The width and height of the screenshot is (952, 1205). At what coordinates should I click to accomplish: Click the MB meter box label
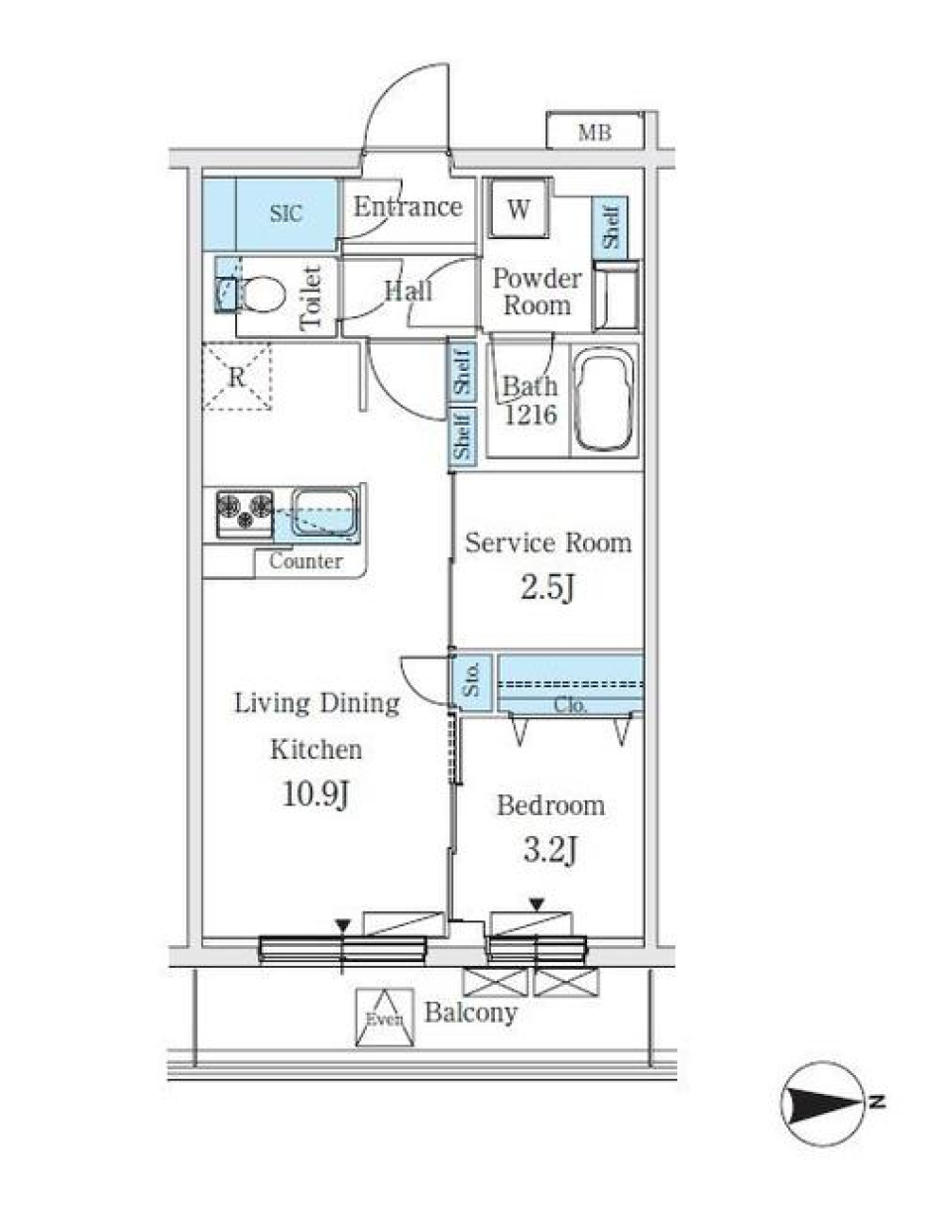(595, 131)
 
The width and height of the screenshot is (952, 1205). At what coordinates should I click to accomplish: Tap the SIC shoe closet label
(286, 213)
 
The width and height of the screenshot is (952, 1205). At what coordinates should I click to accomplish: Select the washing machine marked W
(517, 208)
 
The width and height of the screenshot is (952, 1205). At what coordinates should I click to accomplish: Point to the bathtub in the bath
(605, 399)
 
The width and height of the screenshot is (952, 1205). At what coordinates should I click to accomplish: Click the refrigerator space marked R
(236, 376)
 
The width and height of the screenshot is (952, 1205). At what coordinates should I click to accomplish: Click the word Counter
(305, 561)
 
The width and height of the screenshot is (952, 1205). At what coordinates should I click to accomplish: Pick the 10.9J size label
(316, 793)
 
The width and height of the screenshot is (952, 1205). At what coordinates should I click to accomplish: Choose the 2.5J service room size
(547, 588)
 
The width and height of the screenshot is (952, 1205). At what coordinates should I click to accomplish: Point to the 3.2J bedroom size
(549, 849)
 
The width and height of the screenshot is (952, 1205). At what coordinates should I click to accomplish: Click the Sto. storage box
(473, 681)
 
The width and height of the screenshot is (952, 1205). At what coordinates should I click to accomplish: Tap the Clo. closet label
(570, 706)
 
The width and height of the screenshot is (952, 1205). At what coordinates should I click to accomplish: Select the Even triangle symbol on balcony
(384, 1018)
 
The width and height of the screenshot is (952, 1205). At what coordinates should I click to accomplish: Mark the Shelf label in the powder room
(610, 227)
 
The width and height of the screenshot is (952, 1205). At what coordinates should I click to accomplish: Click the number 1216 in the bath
(531, 416)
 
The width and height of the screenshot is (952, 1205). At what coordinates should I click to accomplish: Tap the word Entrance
(408, 207)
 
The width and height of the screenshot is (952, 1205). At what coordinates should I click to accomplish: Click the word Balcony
(471, 1013)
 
